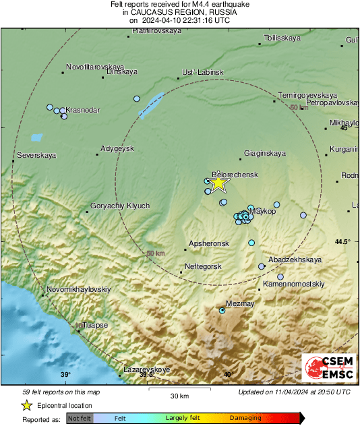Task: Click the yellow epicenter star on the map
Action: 218,183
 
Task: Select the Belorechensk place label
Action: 235,174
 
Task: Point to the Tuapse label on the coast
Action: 95,325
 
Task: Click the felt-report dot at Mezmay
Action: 222,310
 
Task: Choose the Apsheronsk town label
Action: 209,243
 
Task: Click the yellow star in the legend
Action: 26,405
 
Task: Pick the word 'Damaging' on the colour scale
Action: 245,418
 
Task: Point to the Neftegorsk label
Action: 203,267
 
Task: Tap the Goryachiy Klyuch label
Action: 119,206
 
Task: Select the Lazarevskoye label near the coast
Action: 147,369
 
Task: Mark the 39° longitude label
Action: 65,375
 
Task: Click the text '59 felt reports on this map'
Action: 61,392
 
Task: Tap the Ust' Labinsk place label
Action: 202,73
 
